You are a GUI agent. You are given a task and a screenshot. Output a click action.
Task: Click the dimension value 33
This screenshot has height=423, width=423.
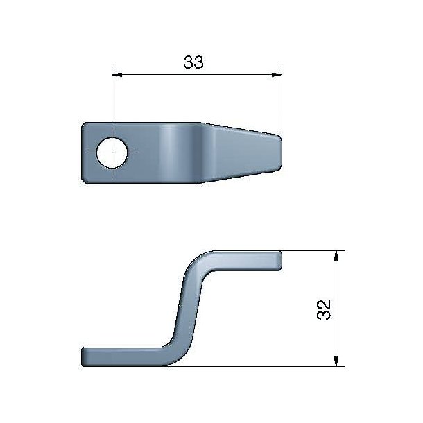coord(193,62)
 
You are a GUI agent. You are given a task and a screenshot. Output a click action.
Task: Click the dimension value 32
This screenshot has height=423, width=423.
coord(322,309)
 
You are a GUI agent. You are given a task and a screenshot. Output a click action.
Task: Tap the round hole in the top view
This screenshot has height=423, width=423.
coord(111,152)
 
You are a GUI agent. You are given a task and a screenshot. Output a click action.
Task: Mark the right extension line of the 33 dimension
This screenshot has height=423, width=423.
coord(282,104)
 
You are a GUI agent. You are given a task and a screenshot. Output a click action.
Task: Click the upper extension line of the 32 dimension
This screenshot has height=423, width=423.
coord(312,251)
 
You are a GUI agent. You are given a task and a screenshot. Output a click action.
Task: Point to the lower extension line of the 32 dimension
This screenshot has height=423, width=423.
coord(277,365)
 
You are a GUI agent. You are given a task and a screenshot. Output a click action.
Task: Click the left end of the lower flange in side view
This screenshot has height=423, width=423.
coord(85,356)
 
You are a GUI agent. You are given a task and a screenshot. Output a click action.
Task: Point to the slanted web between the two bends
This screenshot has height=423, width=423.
coord(185,309)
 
